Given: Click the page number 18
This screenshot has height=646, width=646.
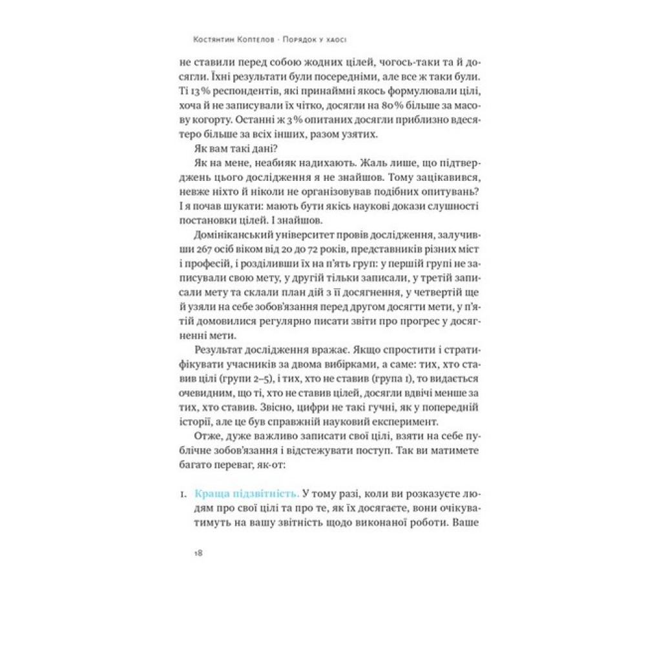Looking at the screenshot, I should (200, 553).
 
